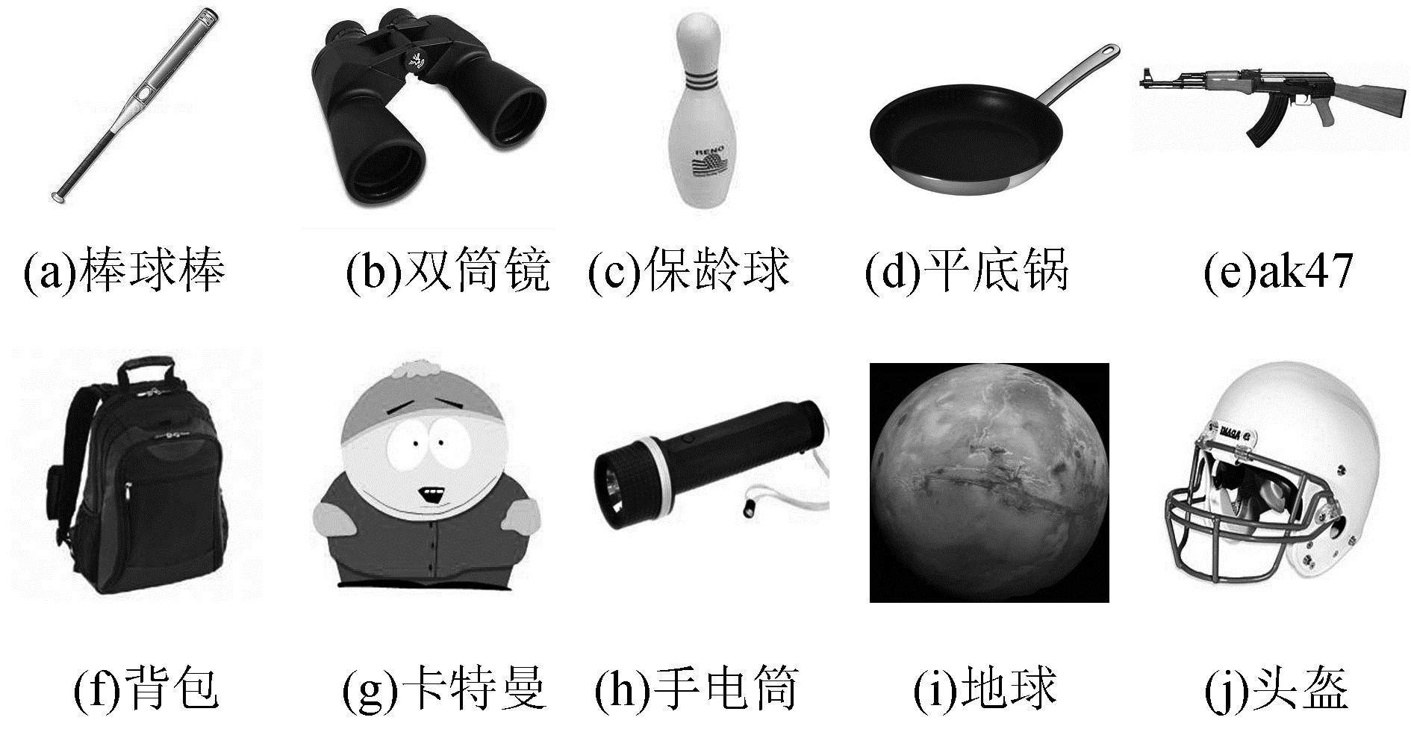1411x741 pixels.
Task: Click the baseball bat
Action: pos(134,106)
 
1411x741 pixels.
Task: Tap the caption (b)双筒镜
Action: pos(449,270)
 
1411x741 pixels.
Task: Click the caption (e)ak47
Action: pos(1278,270)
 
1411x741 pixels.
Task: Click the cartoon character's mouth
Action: pos(432,494)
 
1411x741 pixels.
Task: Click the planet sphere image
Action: pos(989,483)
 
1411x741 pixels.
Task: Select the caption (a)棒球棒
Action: pos(124,270)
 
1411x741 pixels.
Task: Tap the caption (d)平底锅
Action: pos(968,270)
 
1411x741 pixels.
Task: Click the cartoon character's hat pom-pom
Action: pos(420,370)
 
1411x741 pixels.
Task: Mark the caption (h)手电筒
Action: pos(697,688)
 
